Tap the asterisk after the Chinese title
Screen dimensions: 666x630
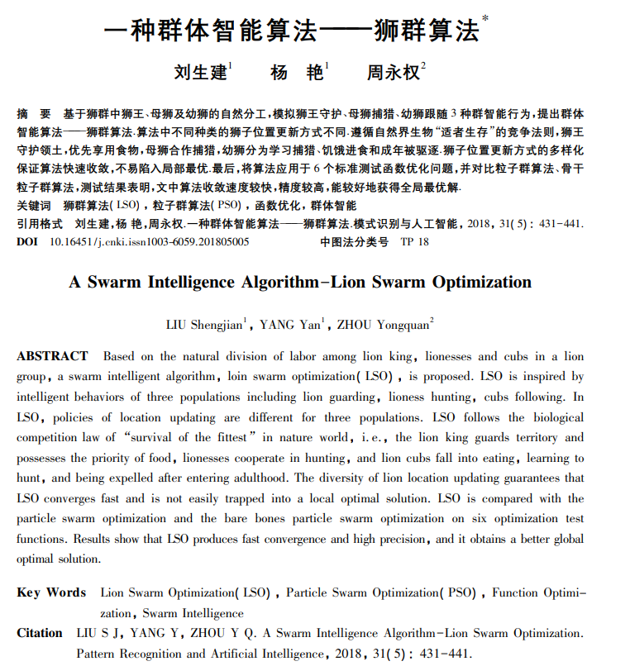tap(484, 19)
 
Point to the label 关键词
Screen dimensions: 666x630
tap(34, 205)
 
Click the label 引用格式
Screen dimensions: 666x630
tap(39, 224)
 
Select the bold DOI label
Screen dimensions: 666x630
tap(27, 242)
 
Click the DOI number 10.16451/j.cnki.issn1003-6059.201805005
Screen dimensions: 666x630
tap(150, 242)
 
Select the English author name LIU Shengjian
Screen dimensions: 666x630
tap(204, 325)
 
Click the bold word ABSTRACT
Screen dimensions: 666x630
tap(52, 356)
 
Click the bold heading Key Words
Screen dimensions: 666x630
tap(50, 592)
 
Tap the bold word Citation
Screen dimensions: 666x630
tap(40, 633)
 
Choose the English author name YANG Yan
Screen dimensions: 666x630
tap(290, 325)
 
